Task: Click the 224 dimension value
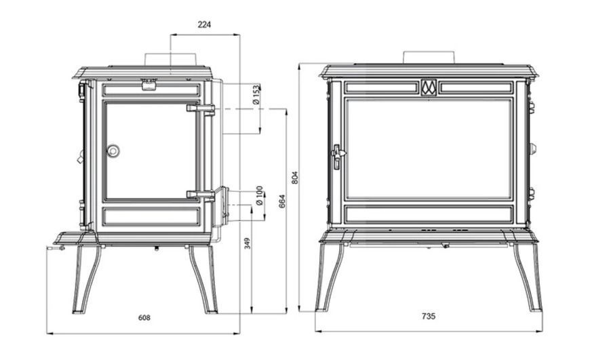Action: (204, 25)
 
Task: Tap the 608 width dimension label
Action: (144, 318)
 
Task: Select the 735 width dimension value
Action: (429, 317)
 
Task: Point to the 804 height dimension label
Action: (295, 178)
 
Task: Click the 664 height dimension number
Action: (282, 201)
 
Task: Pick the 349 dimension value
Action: (248, 243)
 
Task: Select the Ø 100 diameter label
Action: (259, 196)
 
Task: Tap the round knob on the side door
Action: (113, 151)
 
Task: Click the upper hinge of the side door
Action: (201, 108)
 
